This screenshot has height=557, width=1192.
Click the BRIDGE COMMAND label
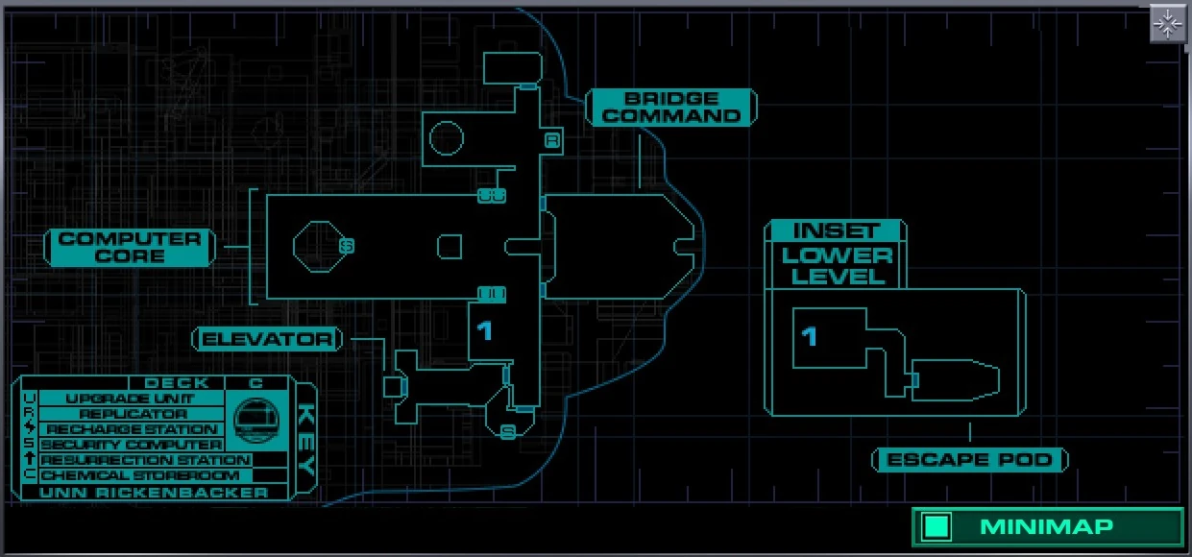click(x=671, y=107)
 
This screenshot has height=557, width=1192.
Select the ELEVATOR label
click(x=267, y=339)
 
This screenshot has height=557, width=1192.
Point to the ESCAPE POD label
click(x=970, y=460)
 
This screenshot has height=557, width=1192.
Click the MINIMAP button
click(x=1047, y=526)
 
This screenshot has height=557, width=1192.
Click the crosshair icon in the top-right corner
click(x=1167, y=24)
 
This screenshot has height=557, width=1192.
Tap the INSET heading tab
click(x=836, y=230)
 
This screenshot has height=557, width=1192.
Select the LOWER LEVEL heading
click(x=836, y=266)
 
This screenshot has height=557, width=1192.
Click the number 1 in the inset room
click(x=810, y=335)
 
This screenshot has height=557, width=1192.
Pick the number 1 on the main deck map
click(x=485, y=330)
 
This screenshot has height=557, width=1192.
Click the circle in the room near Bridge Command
click(x=446, y=139)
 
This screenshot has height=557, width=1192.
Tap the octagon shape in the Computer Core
click(x=314, y=246)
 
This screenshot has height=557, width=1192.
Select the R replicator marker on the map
click(x=552, y=141)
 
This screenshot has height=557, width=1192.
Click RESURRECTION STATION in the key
click(x=144, y=460)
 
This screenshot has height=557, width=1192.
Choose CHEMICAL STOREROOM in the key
click(x=139, y=475)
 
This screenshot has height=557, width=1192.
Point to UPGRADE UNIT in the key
click(x=130, y=399)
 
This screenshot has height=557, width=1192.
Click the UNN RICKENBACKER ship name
click(x=154, y=492)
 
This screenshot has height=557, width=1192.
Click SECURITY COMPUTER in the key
click(x=132, y=445)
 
